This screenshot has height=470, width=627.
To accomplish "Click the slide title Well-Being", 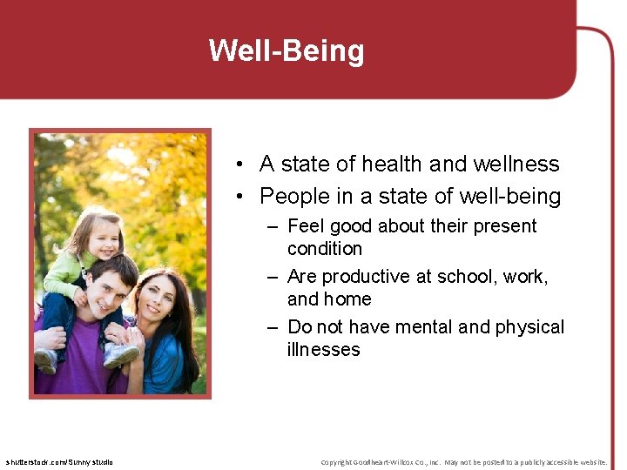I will [287, 50].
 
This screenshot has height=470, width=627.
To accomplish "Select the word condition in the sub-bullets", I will [324, 249].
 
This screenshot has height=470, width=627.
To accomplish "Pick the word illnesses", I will [323, 350].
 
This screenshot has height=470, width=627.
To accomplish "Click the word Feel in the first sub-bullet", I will [305, 226].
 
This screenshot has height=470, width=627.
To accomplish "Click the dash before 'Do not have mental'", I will [273, 327].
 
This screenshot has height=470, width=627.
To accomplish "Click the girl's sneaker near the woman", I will [120, 355].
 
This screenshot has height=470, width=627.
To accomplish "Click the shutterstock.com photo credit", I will [59, 461].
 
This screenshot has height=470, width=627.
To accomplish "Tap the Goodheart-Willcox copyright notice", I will [463, 461].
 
